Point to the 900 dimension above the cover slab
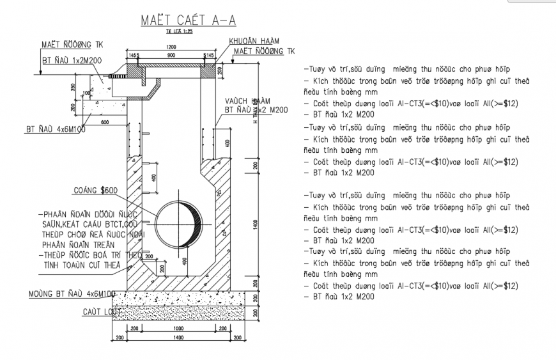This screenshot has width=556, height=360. click(171, 56)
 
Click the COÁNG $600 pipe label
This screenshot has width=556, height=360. click(95, 190)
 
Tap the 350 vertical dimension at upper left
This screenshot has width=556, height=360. click(73, 87)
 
